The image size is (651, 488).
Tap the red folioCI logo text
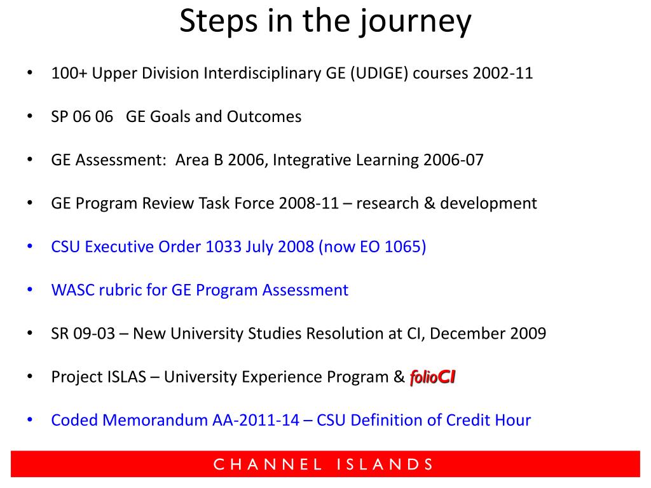pos(432,377)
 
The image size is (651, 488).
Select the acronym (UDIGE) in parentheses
pos(380,74)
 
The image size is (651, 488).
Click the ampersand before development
pos(429,203)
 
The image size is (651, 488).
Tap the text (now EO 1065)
pos(372,247)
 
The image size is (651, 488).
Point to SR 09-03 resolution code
pos(83,334)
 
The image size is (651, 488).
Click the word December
pos(467,334)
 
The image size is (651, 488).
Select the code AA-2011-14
pos(256,421)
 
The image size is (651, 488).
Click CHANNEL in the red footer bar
pos(268,464)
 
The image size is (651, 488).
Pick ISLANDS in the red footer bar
pos(385,464)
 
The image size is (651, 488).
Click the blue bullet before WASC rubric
pos(30,289)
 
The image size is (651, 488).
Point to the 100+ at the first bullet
pos(69,74)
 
